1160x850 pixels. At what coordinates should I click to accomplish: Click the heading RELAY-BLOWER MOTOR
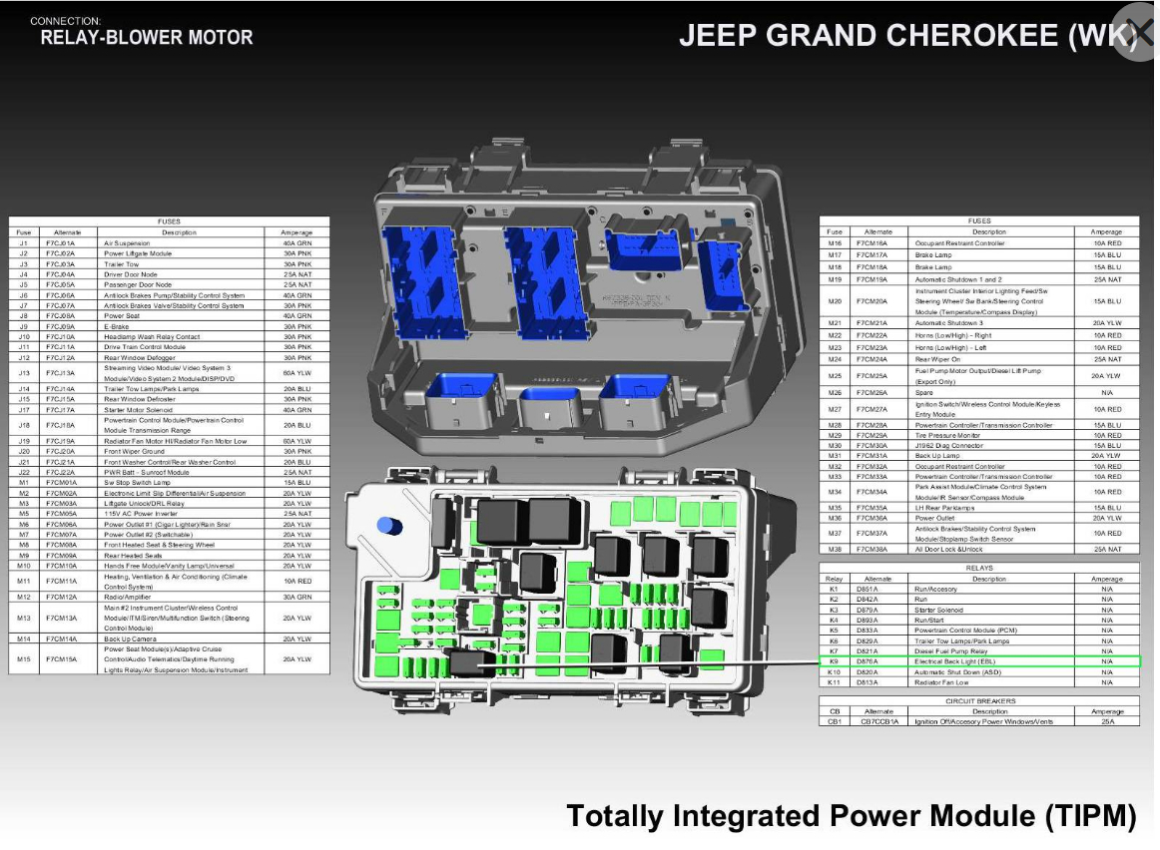pos(146,38)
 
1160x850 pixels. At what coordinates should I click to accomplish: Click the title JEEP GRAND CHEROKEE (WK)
pos(907,36)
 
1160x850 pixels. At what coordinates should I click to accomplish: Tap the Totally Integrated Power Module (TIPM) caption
pos(851,816)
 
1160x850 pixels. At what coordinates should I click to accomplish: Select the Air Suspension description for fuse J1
pos(127,243)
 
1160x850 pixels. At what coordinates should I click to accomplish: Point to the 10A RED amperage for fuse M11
pos(296,581)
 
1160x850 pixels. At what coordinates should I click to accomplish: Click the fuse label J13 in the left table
pos(23,372)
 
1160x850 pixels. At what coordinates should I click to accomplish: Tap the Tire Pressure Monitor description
pos(947,435)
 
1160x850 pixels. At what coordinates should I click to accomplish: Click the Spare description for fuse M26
pos(923,392)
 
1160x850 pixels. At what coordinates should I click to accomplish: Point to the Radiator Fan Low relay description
pos(941,682)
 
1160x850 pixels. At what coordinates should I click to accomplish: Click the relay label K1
pos(834,590)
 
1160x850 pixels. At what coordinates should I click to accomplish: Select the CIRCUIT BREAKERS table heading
pos(978,700)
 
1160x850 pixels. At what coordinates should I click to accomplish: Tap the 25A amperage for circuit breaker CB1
pos(1107,721)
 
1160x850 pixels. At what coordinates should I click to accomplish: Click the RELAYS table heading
pos(978,568)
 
